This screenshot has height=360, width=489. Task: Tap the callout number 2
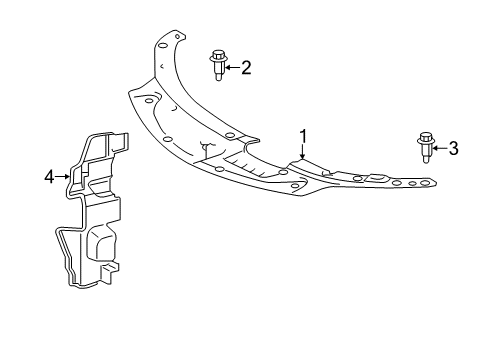[246, 68]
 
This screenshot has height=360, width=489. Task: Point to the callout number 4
[49, 177]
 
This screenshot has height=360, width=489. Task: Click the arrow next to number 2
[232, 68]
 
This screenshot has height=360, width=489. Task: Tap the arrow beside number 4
[63, 177]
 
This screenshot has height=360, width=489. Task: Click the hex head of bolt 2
[217, 58]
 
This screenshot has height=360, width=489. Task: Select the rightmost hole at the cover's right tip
[429, 183]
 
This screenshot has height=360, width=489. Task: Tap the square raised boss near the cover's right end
[379, 177]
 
